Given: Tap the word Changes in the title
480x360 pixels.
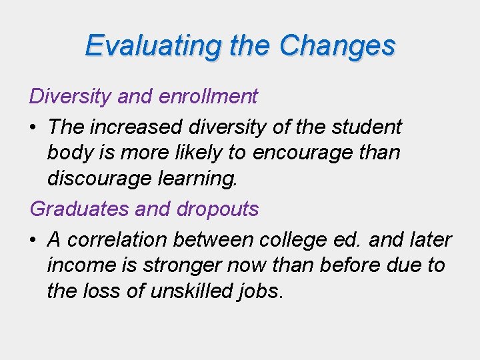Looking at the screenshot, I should [337, 45].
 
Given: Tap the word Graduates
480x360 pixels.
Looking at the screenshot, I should [79, 209].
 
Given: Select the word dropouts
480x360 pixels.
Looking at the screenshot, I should [218, 209].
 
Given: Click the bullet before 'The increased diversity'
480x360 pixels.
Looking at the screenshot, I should [34, 127].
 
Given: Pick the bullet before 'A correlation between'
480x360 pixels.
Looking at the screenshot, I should [34, 239].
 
